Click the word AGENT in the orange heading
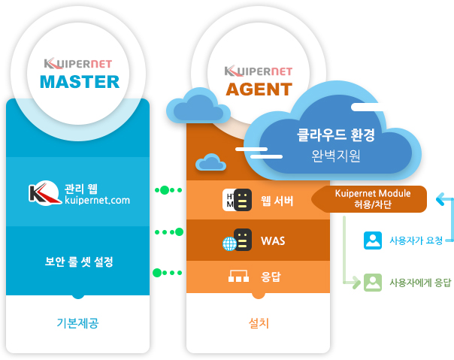(259, 89)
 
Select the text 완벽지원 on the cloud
(336, 157)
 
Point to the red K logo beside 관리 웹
(42, 194)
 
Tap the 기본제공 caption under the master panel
(78, 323)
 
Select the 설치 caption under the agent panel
(259, 323)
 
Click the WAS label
(272, 241)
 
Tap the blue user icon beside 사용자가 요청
(372, 240)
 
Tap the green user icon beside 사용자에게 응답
(372, 283)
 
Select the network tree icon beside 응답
(238, 278)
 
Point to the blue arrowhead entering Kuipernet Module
(439, 199)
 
